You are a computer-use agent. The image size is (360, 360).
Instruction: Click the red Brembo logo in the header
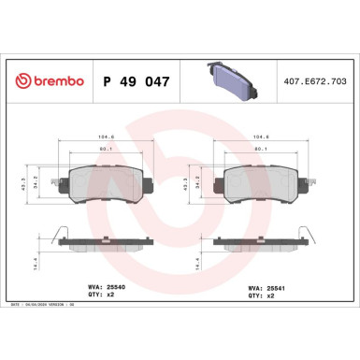tap(46, 83)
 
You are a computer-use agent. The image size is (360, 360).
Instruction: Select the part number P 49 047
tap(134, 83)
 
